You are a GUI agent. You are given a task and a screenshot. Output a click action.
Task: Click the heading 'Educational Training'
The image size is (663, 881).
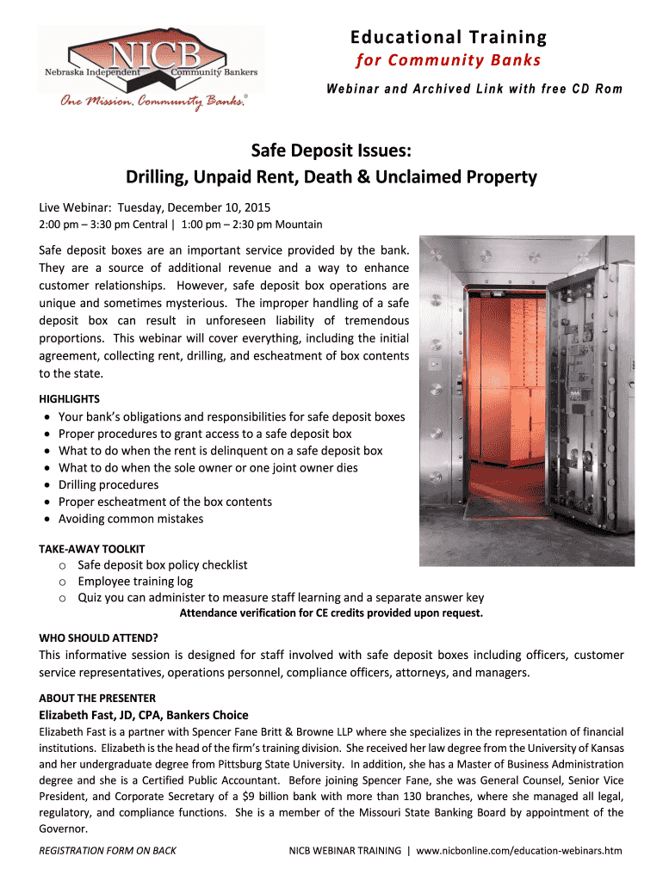pyautogui.click(x=448, y=37)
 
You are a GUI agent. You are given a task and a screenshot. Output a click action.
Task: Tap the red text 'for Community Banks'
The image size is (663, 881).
pyautogui.click(x=448, y=60)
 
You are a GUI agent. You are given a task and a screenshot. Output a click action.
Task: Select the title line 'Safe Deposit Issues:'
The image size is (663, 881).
pyautogui.click(x=331, y=152)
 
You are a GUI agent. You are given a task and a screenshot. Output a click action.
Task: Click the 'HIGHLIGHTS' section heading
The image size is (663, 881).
pyautogui.click(x=70, y=399)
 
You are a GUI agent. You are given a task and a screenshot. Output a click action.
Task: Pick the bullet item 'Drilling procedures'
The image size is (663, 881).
pyautogui.click(x=108, y=485)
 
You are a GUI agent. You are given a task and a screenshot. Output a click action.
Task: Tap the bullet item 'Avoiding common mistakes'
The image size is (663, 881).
pyautogui.click(x=132, y=519)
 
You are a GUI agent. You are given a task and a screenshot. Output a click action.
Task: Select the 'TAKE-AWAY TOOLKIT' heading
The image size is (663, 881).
pyautogui.click(x=92, y=549)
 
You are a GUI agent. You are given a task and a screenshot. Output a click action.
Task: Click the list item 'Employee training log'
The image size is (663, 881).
pyautogui.click(x=135, y=582)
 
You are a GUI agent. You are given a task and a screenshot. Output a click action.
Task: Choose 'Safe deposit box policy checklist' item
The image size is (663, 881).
pyautogui.click(x=163, y=565)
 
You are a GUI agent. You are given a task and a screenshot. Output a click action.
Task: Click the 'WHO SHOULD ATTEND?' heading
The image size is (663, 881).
pyautogui.click(x=99, y=638)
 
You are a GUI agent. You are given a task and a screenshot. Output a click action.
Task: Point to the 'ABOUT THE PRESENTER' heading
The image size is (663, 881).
pyautogui.click(x=97, y=699)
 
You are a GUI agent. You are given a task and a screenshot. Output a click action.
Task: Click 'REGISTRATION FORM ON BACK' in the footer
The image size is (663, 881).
pyautogui.click(x=108, y=851)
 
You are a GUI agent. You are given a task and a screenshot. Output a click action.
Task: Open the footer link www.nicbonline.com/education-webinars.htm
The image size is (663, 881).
pyautogui.click(x=518, y=851)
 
